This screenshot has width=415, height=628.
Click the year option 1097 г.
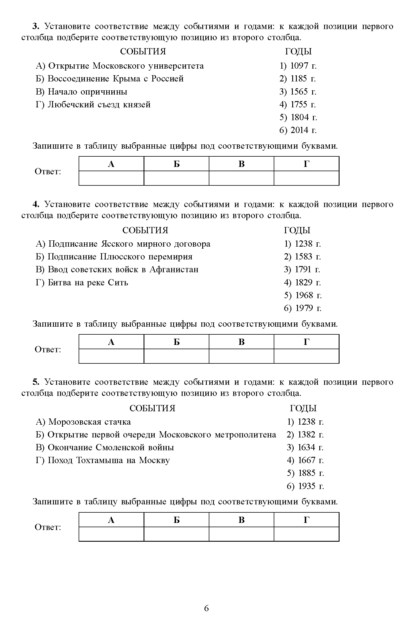(x=298, y=66)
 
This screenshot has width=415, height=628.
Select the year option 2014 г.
(x=298, y=130)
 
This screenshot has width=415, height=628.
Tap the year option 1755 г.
(x=298, y=105)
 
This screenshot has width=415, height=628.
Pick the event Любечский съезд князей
(x=93, y=105)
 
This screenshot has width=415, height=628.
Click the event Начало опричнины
(x=81, y=92)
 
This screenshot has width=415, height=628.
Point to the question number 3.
(x=35, y=26)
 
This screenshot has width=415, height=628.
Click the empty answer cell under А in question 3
(x=111, y=178)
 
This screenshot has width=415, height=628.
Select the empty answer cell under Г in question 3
(x=306, y=178)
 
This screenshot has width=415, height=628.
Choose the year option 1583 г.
(x=302, y=257)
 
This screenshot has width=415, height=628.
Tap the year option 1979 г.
(x=302, y=308)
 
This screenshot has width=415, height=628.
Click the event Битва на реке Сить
(x=82, y=283)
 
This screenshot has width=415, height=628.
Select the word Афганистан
(x=174, y=269)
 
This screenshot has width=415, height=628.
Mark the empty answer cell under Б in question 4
(x=176, y=356)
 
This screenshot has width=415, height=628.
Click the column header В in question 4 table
(x=241, y=342)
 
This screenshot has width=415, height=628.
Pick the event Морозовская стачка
(x=83, y=422)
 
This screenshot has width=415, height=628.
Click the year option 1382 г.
(x=305, y=435)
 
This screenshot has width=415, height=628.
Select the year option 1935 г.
(x=305, y=486)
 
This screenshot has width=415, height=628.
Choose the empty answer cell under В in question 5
(x=241, y=534)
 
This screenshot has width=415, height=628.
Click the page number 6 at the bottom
(x=207, y=608)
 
